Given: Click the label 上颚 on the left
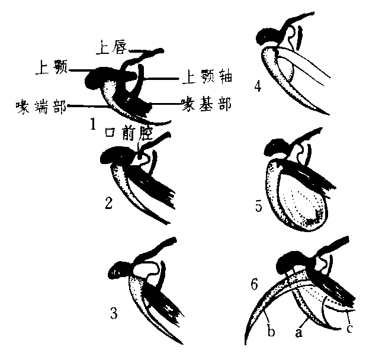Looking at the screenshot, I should click(x=51, y=69).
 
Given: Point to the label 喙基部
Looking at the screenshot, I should click(x=206, y=104).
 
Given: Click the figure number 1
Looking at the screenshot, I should click(x=93, y=124).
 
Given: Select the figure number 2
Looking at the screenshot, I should click(x=108, y=204).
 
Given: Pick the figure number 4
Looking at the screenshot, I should click(x=257, y=87).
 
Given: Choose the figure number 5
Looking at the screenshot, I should click(x=258, y=207).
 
